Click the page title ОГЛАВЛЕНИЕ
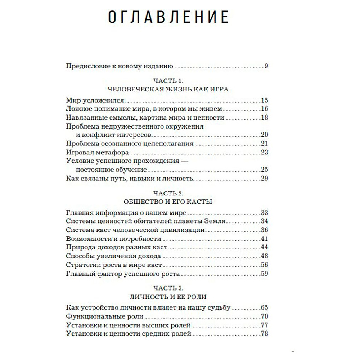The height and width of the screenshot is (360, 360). pyautogui.click(x=168, y=18)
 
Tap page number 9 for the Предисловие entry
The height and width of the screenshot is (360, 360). pyautogui.click(x=266, y=66)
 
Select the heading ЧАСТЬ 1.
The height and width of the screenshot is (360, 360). pyautogui.click(x=168, y=82)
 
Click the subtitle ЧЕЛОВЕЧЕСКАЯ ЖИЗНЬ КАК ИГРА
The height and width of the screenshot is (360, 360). pyautogui.click(x=168, y=90)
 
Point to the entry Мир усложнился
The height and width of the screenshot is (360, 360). pyautogui.click(x=95, y=101)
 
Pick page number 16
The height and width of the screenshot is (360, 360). pyautogui.click(x=265, y=109)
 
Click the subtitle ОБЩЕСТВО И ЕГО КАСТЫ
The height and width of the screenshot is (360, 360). pyautogui.click(x=168, y=202)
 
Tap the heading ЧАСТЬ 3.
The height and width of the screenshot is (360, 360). pyautogui.click(x=168, y=289)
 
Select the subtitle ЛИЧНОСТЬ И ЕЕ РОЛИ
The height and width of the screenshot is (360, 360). pyautogui.click(x=168, y=297)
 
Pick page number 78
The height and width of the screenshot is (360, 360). pyautogui.click(x=265, y=334)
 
